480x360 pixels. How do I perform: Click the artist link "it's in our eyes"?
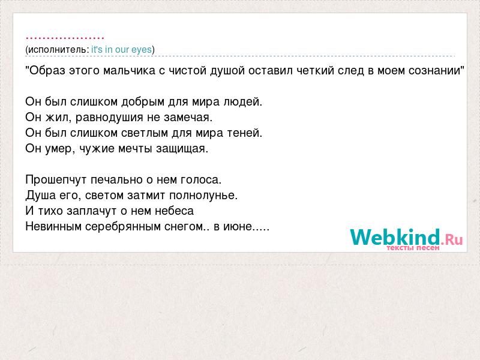click(122, 50)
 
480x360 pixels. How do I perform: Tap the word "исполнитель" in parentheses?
click(57, 50)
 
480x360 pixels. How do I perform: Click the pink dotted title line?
click(65, 38)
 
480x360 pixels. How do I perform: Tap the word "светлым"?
click(145, 133)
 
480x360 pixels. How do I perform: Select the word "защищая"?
click(182, 149)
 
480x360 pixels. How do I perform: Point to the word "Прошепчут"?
click(56, 179)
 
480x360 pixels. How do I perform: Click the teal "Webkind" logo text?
click(395, 237)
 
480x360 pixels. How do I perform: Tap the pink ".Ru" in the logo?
click(452, 239)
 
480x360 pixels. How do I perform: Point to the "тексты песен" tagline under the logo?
click(413, 248)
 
